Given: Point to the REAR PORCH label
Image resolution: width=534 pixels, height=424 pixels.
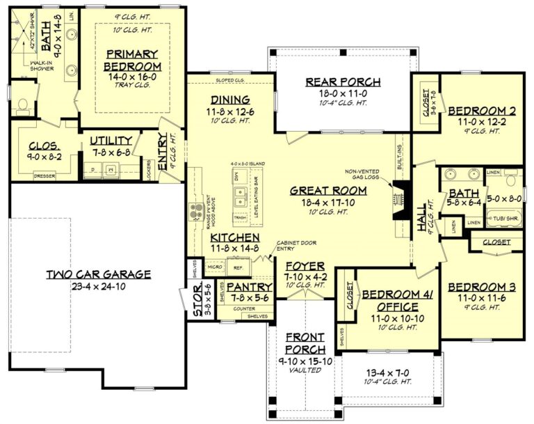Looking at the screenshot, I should click(343, 82).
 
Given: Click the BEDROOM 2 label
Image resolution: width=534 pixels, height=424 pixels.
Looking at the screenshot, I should click(481, 110).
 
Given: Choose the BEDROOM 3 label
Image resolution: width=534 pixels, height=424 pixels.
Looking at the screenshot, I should click(481, 286).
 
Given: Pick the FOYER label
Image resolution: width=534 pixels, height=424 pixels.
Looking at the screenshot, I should click(305, 265).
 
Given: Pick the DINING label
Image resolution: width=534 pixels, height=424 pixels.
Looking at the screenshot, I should click(230, 99).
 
